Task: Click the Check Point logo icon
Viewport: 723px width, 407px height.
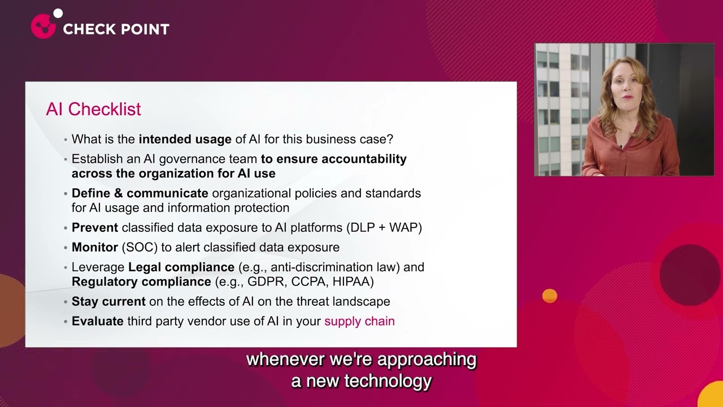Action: (x=44, y=25)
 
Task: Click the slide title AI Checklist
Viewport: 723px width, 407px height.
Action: (x=93, y=109)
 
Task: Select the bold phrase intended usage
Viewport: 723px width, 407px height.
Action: (x=185, y=139)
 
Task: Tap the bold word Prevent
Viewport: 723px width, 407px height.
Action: (x=94, y=228)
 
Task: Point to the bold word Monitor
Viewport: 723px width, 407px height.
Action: (x=94, y=248)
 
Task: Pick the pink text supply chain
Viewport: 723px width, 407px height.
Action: (x=359, y=322)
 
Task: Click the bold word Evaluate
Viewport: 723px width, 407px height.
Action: (x=97, y=322)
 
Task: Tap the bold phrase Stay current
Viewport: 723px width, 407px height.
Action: (x=108, y=302)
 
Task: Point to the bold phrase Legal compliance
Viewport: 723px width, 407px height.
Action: (x=181, y=267)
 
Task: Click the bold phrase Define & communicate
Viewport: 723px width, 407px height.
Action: (x=140, y=193)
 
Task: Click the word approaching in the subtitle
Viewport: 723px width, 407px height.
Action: (x=427, y=360)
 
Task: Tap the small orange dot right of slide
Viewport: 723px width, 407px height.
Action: (x=550, y=296)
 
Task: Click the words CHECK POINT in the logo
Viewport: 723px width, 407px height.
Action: (x=116, y=29)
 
